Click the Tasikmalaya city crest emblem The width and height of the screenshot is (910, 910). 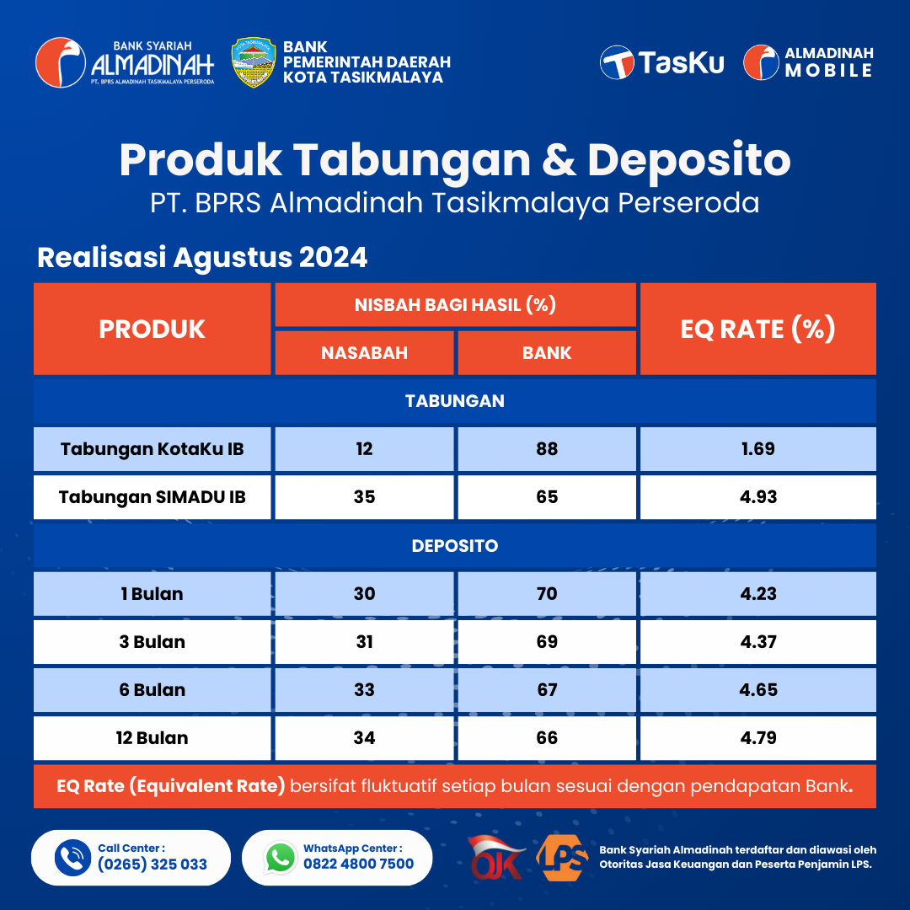point(254,62)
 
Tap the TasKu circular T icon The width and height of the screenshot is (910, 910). point(617,62)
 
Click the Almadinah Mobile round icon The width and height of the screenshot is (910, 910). point(761,62)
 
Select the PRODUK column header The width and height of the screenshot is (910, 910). point(152,329)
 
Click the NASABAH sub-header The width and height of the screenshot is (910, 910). point(365,353)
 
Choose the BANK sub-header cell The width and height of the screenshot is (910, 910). point(547,353)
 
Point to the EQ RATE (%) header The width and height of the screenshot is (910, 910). point(758,329)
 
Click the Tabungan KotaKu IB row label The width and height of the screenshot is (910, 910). point(152,449)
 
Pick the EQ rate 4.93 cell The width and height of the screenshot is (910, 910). point(758,497)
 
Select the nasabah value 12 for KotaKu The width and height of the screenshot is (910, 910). point(365,449)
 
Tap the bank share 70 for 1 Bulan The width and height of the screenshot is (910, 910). point(547,594)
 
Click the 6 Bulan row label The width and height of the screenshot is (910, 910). point(152,690)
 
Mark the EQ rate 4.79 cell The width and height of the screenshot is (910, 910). point(758,738)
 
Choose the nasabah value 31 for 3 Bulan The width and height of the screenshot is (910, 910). point(365,642)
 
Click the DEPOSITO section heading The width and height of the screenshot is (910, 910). point(455,545)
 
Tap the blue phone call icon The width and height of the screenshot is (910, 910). point(72,857)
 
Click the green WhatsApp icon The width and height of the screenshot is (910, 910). point(281,857)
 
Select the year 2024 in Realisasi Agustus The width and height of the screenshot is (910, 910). point(333,257)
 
